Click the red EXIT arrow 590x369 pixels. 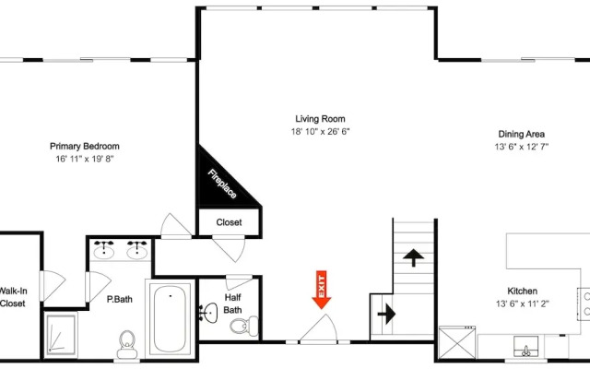click(x=322, y=290)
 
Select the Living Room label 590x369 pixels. click(x=320, y=119)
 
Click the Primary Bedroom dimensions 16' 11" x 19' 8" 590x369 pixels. click(x=85, y=159)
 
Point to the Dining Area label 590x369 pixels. click(x=522, y=134)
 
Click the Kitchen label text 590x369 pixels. click(x=523, y=292)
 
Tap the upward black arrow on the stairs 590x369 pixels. click(x=414, y=257)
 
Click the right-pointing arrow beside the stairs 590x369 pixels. click(x=386, y=314)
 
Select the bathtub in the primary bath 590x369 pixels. click(x=170, y=318)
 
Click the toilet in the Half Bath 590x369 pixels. click(x=243, y=326)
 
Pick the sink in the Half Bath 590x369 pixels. click(x=208, y=313)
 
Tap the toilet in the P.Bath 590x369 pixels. click(x=127, y=344)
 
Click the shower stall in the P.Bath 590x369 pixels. click(x=61, y=334)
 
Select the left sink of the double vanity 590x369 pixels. click(x=104, y=250)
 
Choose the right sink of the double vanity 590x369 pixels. click(x=137, y=250)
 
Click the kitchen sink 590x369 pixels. click(x=526, y=347)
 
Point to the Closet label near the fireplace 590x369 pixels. click(x=229, y=222)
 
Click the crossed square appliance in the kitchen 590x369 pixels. click(x=457, y=343)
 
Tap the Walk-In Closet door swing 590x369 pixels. click(x=53, y=285)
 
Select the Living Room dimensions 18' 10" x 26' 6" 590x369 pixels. click(x=320, y=131)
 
